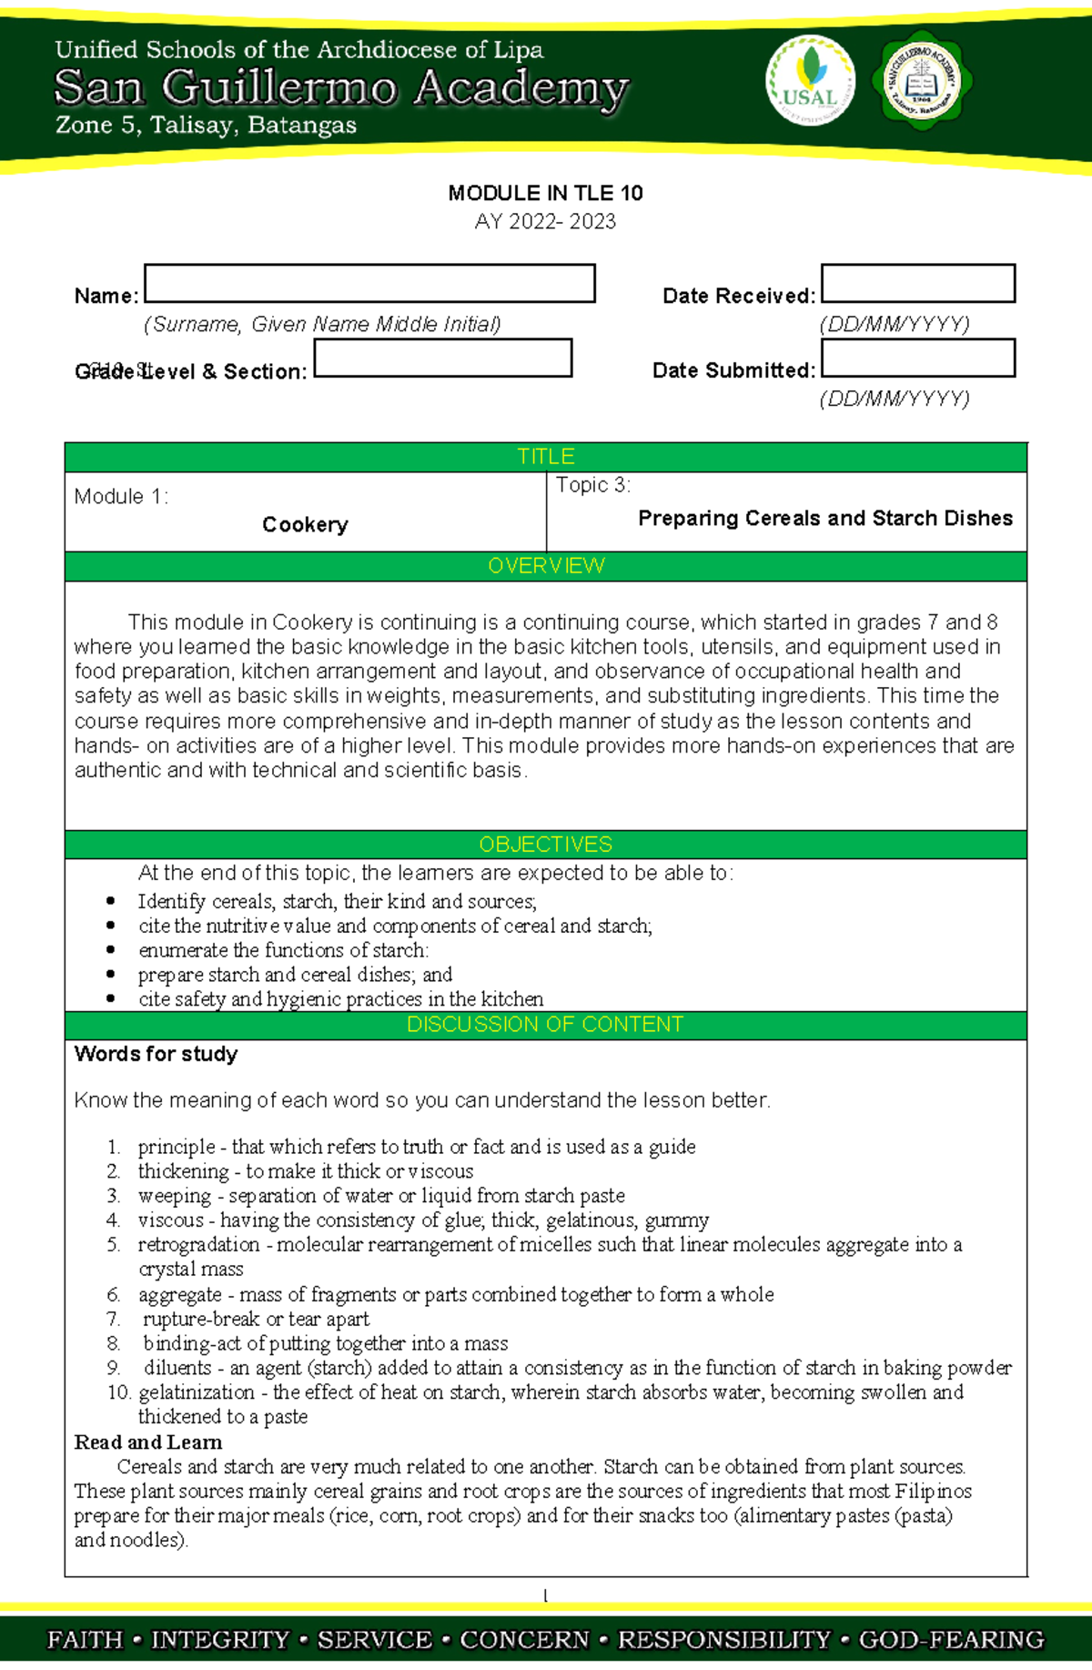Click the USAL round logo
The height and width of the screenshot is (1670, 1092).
[810, 82]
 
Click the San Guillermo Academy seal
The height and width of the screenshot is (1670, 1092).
[923, 82]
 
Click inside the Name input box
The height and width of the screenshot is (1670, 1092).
[369, 283]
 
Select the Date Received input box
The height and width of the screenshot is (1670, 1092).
[917, 283]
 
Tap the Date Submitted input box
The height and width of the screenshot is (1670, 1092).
[917, 358]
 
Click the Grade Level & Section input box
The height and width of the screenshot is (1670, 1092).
[442, 358]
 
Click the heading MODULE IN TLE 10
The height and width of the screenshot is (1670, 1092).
[545, 193]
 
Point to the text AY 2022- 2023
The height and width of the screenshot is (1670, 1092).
[545, 221]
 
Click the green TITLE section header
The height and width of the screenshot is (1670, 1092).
[545, 456]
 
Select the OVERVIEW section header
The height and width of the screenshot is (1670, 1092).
[545, 565]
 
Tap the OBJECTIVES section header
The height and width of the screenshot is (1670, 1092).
[545, 844]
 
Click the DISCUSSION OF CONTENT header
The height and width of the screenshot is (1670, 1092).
[545, 1024]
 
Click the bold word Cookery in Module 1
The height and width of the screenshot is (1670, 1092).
[305, 524]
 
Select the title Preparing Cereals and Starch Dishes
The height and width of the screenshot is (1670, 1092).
[824, 518]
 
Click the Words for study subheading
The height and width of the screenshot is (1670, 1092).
[157, 1054]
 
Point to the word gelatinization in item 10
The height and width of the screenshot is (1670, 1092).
[197, 1392]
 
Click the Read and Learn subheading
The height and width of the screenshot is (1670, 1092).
[148, 1442]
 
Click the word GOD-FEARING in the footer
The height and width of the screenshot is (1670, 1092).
[951, 1639]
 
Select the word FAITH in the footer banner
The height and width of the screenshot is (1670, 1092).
[85, 1639]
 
